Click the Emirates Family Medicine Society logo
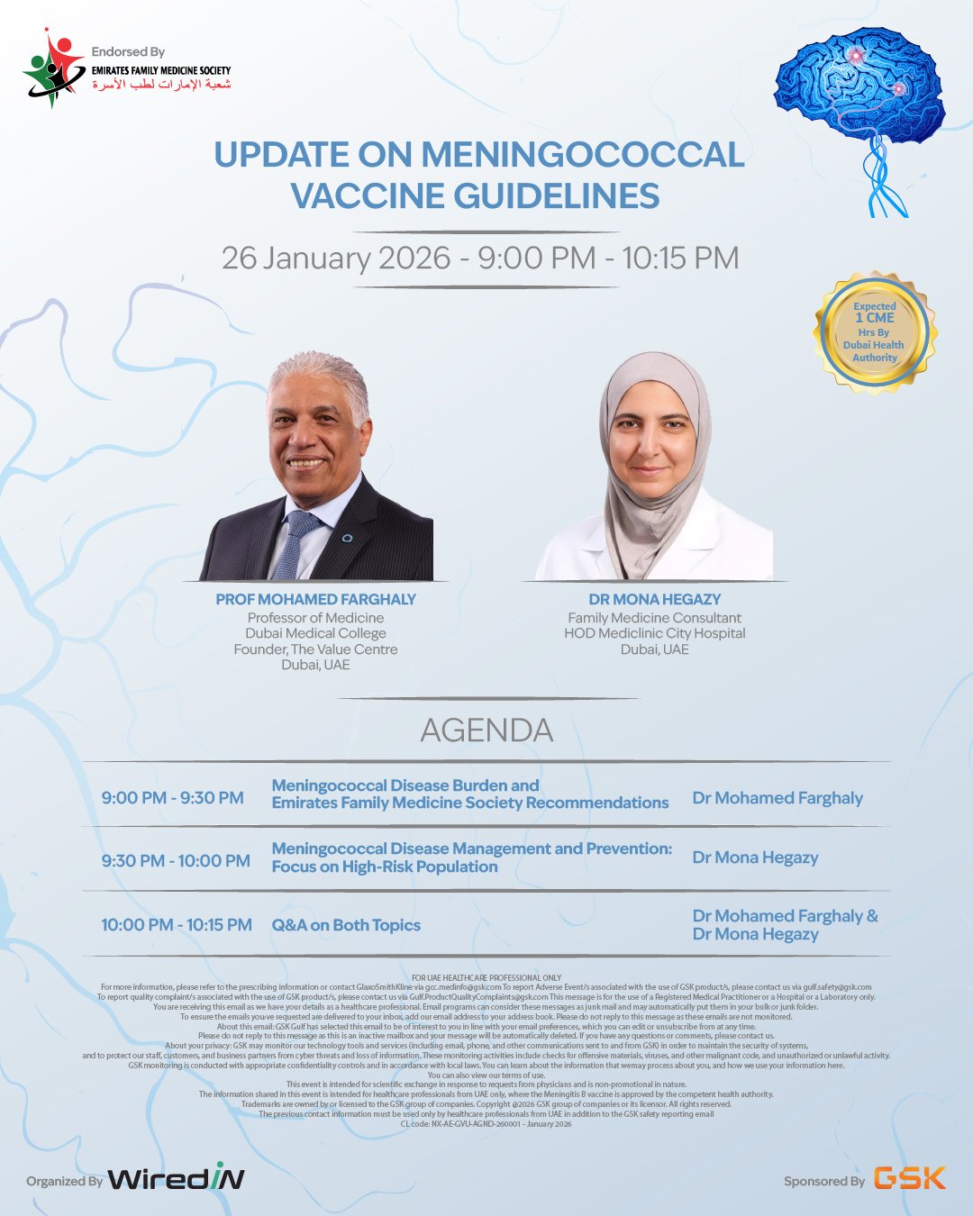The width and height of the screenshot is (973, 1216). point(54,68)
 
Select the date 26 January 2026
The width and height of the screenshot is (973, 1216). point(335,259)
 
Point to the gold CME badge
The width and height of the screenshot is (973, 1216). point(875,332)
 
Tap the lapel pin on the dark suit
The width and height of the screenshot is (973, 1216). point(348,538)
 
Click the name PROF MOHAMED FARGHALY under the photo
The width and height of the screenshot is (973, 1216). point(315,599)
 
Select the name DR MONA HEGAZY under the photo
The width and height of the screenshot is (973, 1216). point(655,599)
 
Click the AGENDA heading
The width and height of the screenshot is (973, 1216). point(486,731)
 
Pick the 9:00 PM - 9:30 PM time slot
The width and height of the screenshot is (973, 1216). point(172,798)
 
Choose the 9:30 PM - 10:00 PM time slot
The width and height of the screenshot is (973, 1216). point(176,861)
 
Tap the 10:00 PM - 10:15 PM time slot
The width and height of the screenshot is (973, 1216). point(177,925)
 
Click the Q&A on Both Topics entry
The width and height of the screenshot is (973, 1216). point(346,925)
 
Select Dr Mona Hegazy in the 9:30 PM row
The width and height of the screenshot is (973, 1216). point(755,858)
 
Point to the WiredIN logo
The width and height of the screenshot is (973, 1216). point(176,1178)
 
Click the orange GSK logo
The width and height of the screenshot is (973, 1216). point(910,1178)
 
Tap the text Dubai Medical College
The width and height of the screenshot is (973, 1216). point(315,633)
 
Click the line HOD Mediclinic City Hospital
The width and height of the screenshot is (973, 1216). point(655,633)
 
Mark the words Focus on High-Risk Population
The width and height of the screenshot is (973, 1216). point(385,867)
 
